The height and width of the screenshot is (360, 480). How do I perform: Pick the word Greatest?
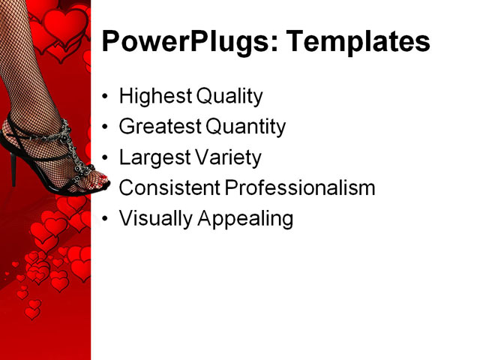[x=160, y=127]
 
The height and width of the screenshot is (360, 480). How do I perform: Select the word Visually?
[x=155, y=219]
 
